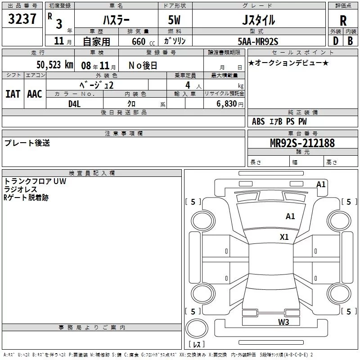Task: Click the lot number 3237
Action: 23,19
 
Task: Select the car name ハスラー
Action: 116,20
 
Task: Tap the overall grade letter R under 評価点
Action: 343,21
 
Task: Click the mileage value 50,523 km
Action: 54,65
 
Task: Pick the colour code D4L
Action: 75,103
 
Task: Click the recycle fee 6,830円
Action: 229,103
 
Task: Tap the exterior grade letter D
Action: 335,40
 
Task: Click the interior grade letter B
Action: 351,40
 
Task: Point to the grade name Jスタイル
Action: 258,20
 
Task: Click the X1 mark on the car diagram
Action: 284,237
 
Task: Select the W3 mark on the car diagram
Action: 283,322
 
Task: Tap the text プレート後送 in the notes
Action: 27,143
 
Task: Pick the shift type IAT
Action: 13,94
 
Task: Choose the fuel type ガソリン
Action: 175,41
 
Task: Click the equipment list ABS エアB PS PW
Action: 279,121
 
